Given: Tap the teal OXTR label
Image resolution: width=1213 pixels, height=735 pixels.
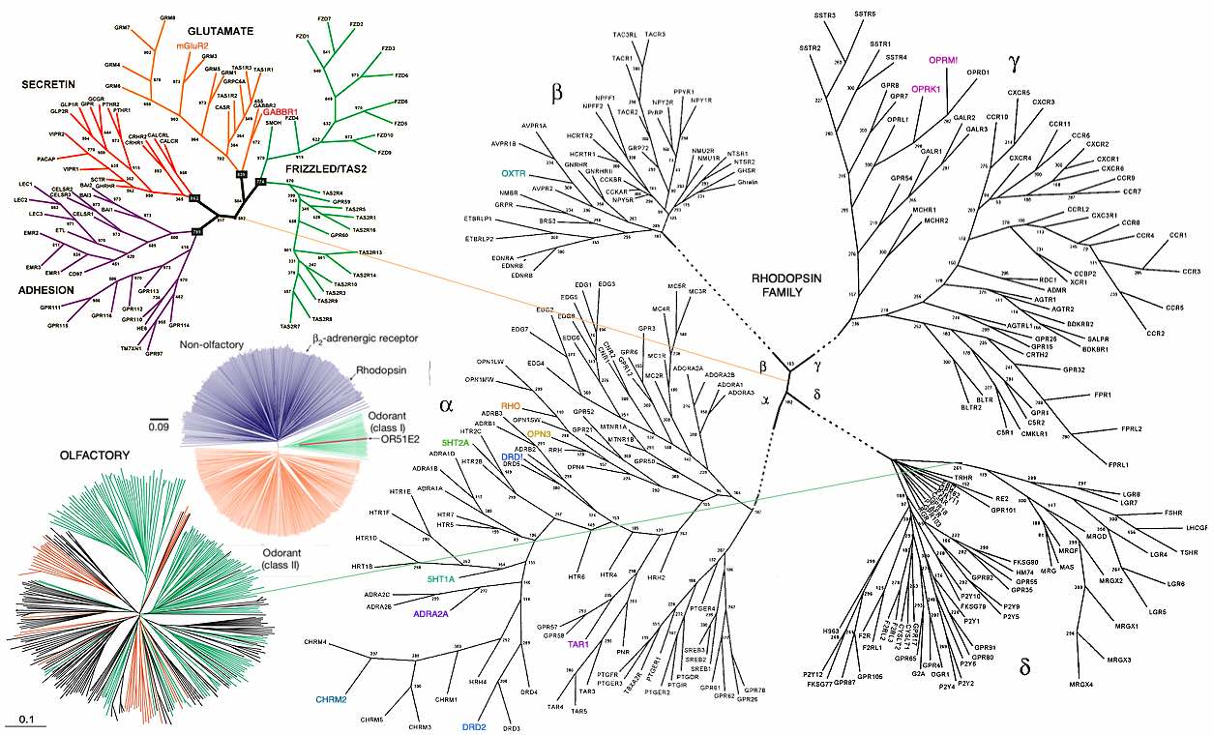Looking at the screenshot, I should click(513, 173).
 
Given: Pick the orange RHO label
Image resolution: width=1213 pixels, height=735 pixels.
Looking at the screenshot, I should click(511, 405).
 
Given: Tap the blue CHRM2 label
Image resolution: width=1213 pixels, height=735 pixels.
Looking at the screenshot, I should click(330, 698).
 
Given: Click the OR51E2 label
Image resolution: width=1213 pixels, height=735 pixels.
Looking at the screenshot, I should click(399, 438).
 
